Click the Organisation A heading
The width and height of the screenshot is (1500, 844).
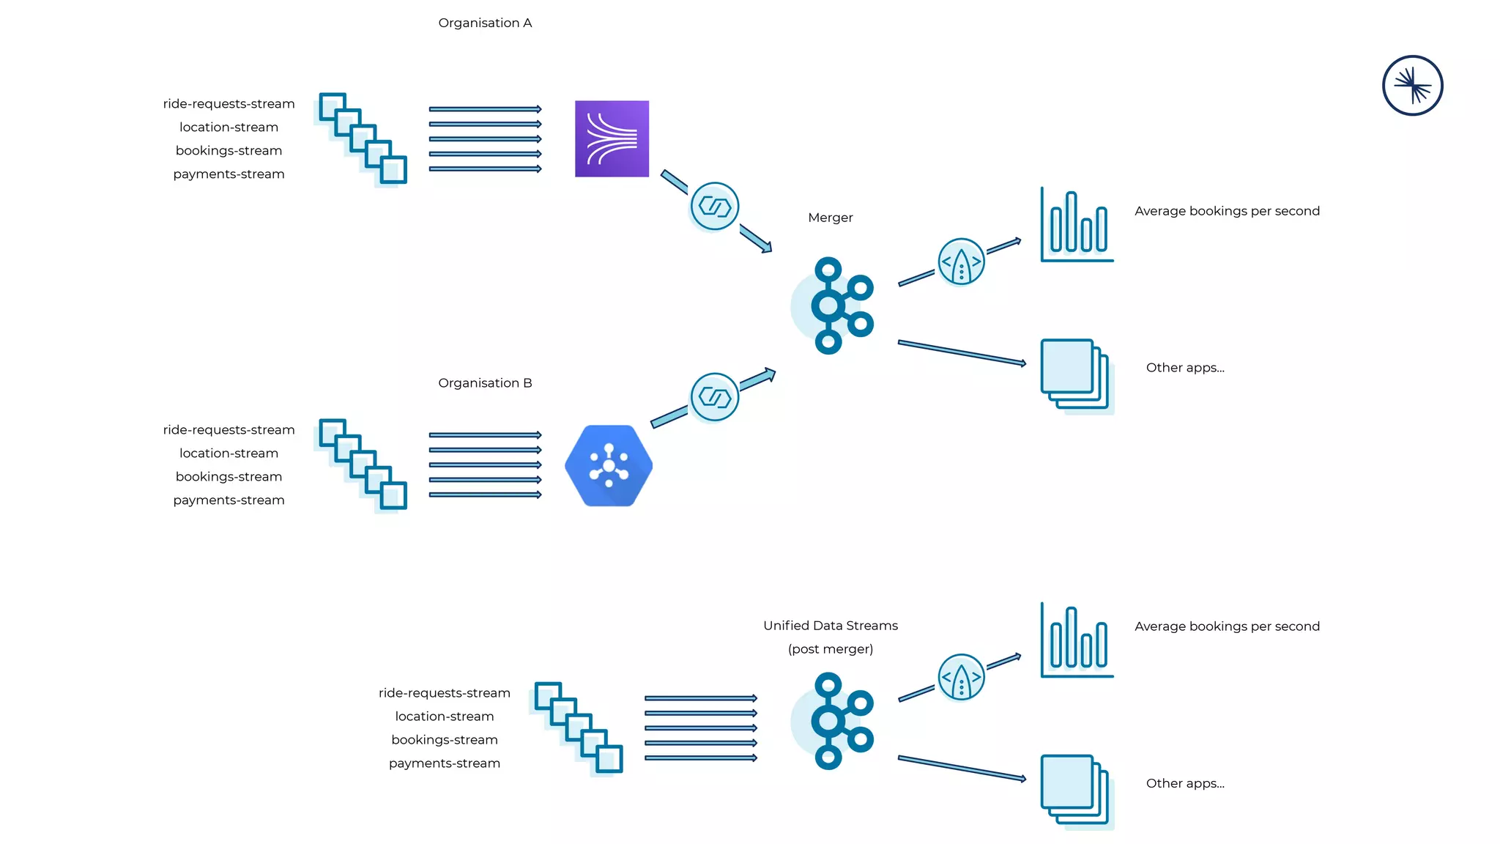click(485, 23)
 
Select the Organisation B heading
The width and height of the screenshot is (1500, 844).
click(485, 382)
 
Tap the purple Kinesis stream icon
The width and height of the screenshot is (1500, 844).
click(612, 138)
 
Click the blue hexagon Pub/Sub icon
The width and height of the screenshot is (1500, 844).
click(609, 466)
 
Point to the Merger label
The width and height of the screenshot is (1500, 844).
click(830, 218)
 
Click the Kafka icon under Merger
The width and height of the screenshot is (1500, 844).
click(835, 306)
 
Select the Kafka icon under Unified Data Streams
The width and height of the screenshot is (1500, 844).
click(835, 721)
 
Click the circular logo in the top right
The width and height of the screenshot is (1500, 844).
click(1412, 86)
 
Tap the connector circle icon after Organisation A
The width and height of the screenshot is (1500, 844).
click(714, 207)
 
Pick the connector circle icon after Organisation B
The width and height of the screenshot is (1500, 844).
click(714, 397)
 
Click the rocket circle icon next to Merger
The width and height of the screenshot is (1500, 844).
click(961, 262)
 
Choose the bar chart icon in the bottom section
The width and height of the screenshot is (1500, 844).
click(1077, 640)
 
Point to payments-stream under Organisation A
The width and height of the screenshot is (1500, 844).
click(229, 174)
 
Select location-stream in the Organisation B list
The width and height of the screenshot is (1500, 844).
click(229, 454)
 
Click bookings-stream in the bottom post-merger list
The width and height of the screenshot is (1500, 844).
click(444, 740)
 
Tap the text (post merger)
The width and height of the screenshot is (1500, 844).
click(830, 649)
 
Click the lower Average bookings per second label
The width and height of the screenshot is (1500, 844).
click(1227, 626)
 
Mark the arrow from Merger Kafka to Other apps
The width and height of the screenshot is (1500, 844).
click(961, 352)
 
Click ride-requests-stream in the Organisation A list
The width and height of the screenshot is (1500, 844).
click(229, 104)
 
